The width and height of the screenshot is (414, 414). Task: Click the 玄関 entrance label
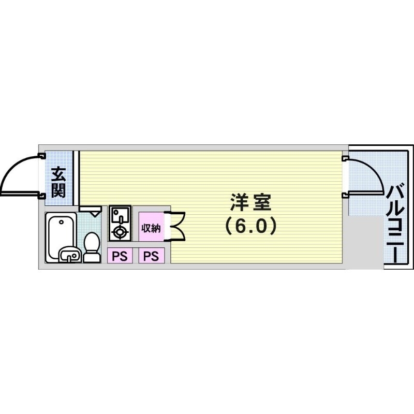point(58,182)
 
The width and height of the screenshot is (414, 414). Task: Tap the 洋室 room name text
point(250,202)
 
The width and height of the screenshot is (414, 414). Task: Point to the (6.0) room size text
point(250,226)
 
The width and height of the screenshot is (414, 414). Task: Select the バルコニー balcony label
point(395,224)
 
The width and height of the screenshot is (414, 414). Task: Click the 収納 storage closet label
point(151,228)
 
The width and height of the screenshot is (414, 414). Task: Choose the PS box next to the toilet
point(120,256)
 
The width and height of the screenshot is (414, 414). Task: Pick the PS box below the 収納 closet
point(151,256)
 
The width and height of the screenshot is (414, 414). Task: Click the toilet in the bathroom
point(92,247)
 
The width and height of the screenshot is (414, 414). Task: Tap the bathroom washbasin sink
point(70,255)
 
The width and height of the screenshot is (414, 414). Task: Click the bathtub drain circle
point(61,222)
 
